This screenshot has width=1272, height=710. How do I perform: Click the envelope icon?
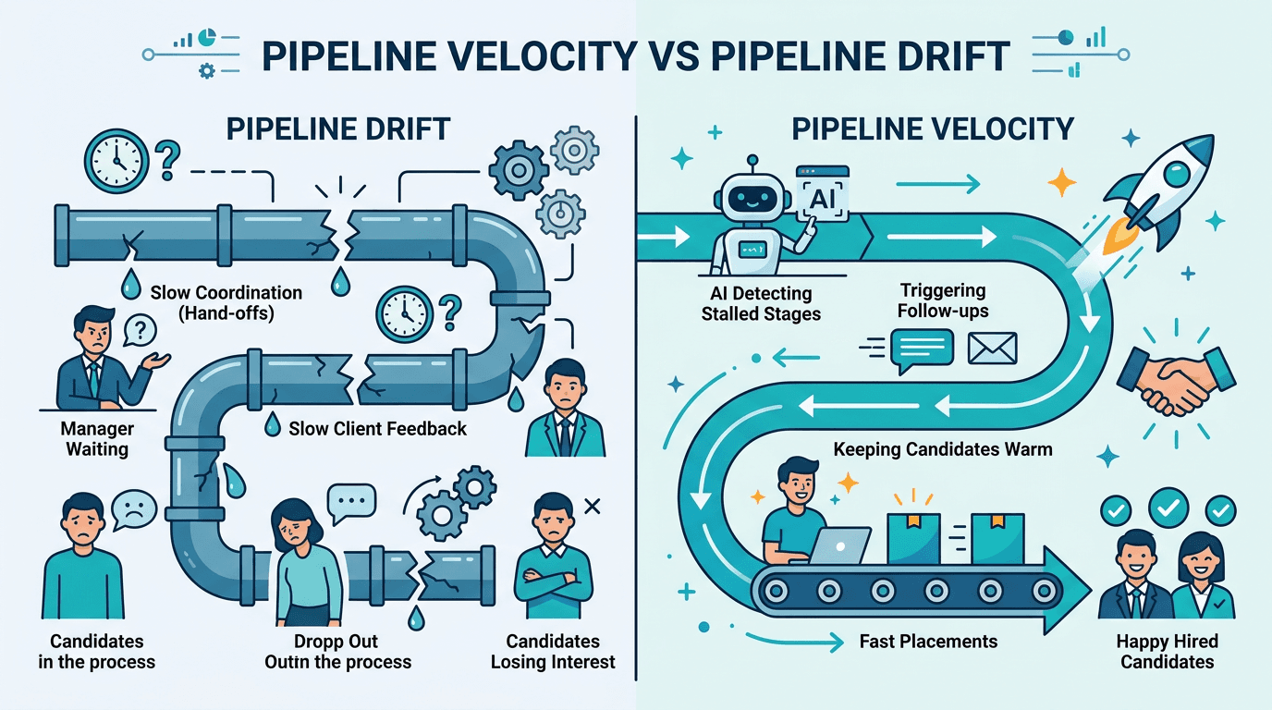click(992, 349)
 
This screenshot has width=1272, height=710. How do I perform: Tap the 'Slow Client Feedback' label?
click(377, 428)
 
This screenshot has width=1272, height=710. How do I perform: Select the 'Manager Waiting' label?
click(97, 439)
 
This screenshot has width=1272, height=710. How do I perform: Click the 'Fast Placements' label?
click(928, 641)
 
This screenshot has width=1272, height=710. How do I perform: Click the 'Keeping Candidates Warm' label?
click(942, 451)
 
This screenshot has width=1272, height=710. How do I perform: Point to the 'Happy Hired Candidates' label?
click(1167, 651)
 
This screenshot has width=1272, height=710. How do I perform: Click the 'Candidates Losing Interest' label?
click(553, 651)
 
